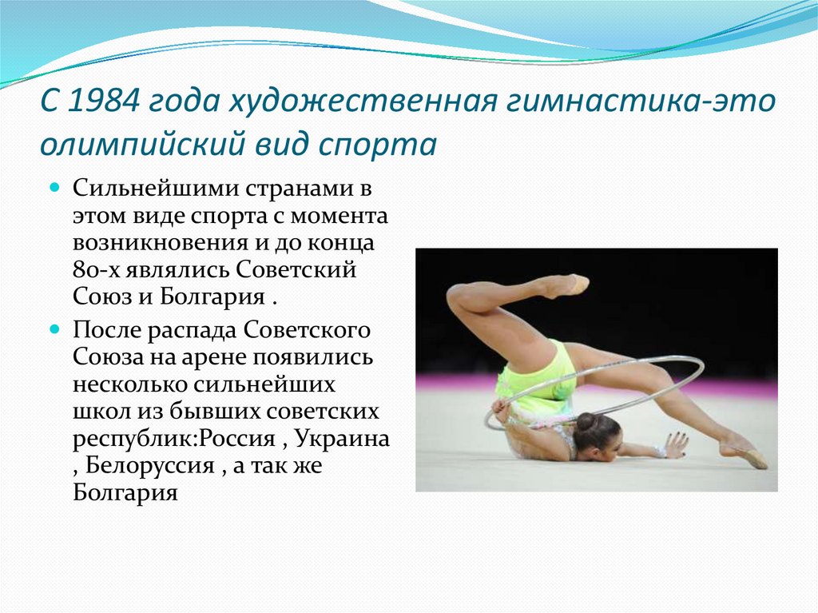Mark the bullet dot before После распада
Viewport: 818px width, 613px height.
(55, 328)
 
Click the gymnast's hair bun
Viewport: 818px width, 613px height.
(586, 421)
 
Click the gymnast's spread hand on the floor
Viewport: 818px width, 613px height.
(675, 444)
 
